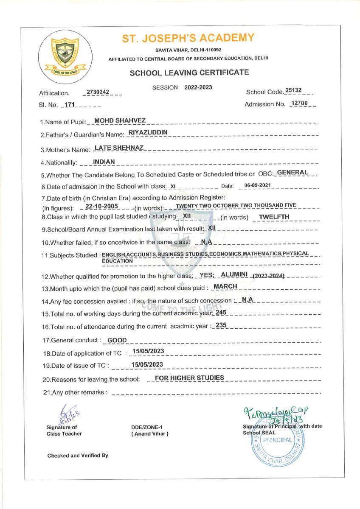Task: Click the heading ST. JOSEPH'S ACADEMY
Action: point(188,38)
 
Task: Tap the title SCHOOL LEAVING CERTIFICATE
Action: point(189,73)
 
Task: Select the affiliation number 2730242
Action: point(98,92)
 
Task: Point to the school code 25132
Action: point(293,90)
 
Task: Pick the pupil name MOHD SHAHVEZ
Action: point(120,121)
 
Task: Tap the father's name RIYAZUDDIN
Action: point(148,132)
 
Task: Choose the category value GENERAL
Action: point(292,173)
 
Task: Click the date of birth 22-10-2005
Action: point(101,206)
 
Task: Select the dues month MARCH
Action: point(225,286)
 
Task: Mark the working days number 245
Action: point(222,313)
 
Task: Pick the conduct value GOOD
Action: point(117,340)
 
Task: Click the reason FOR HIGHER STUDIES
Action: point(189,378)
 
